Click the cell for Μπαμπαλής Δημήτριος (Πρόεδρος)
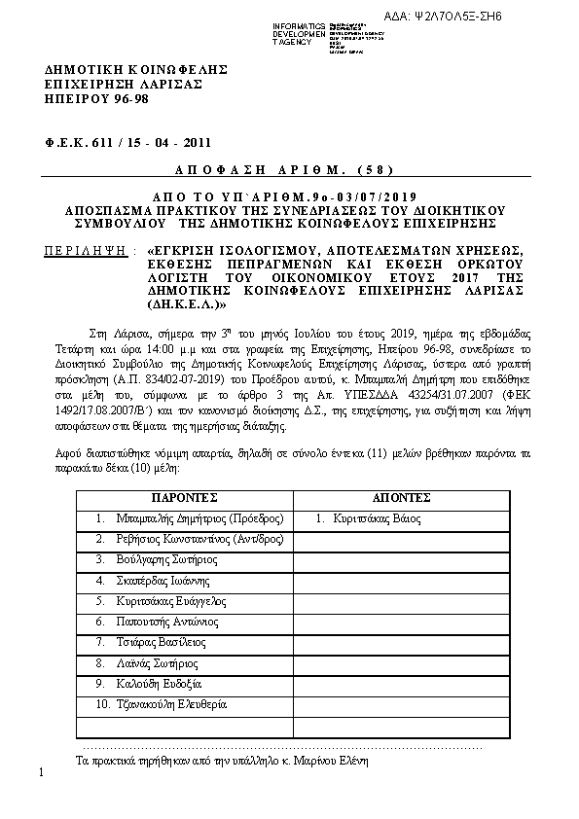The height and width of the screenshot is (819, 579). point(190,517)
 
